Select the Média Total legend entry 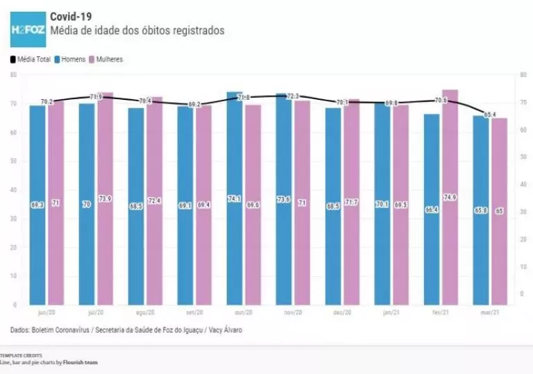point(31,60)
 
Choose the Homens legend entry point(69,60)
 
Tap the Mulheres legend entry point(105,60)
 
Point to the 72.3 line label point(293,96)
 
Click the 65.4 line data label point(491,114)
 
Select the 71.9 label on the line point(96,97)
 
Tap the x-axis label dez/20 point(342,313)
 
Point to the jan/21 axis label point(391,313)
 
